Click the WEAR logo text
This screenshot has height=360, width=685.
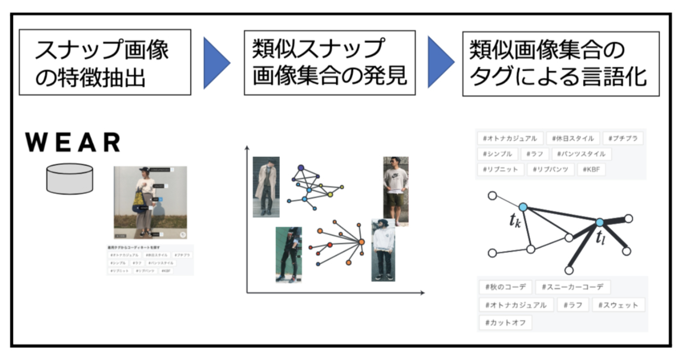[73, 143]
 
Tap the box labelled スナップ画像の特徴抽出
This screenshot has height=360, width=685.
[104, 62]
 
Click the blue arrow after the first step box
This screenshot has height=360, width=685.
[217, 62]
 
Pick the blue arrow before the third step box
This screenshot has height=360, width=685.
[441, 62]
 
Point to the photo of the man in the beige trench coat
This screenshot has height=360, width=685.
[266, 187]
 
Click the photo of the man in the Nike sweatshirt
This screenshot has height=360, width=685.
[396, 191]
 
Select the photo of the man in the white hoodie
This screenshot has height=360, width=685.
[384, 250]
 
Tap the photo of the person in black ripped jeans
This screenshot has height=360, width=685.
[288, 254]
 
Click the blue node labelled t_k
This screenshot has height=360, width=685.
[522, 207]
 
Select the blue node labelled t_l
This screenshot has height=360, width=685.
[599, 223]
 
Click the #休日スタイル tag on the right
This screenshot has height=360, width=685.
[573, 138]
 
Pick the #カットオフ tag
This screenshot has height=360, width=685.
[506, 322]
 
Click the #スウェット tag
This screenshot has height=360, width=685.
[618, 305]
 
